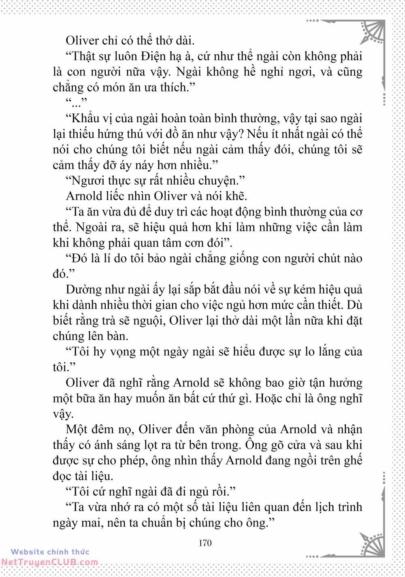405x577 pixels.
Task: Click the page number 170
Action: click(205, 543)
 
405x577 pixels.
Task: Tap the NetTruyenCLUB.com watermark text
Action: click(49, 562)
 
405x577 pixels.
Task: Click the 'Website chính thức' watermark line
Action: click(50, 551)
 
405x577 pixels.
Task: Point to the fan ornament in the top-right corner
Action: click(372, 32)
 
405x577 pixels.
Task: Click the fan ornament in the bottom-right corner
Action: click(372, 545)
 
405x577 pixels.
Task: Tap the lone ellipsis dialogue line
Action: click(76, 103)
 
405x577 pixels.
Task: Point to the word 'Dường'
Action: click(83, 290)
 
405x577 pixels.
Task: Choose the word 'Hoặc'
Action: click(270, 398)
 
